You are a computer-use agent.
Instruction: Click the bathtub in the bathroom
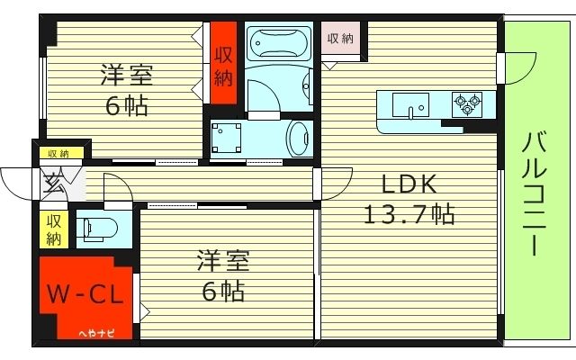(276, 42)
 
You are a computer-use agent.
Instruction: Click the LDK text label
(409, 184)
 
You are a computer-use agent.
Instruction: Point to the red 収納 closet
(222, 65)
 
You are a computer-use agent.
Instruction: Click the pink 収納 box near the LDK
(339, 38)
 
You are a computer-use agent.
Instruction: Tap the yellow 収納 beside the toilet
(54, 229)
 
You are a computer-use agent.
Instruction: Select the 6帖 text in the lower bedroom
(223, 291)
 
